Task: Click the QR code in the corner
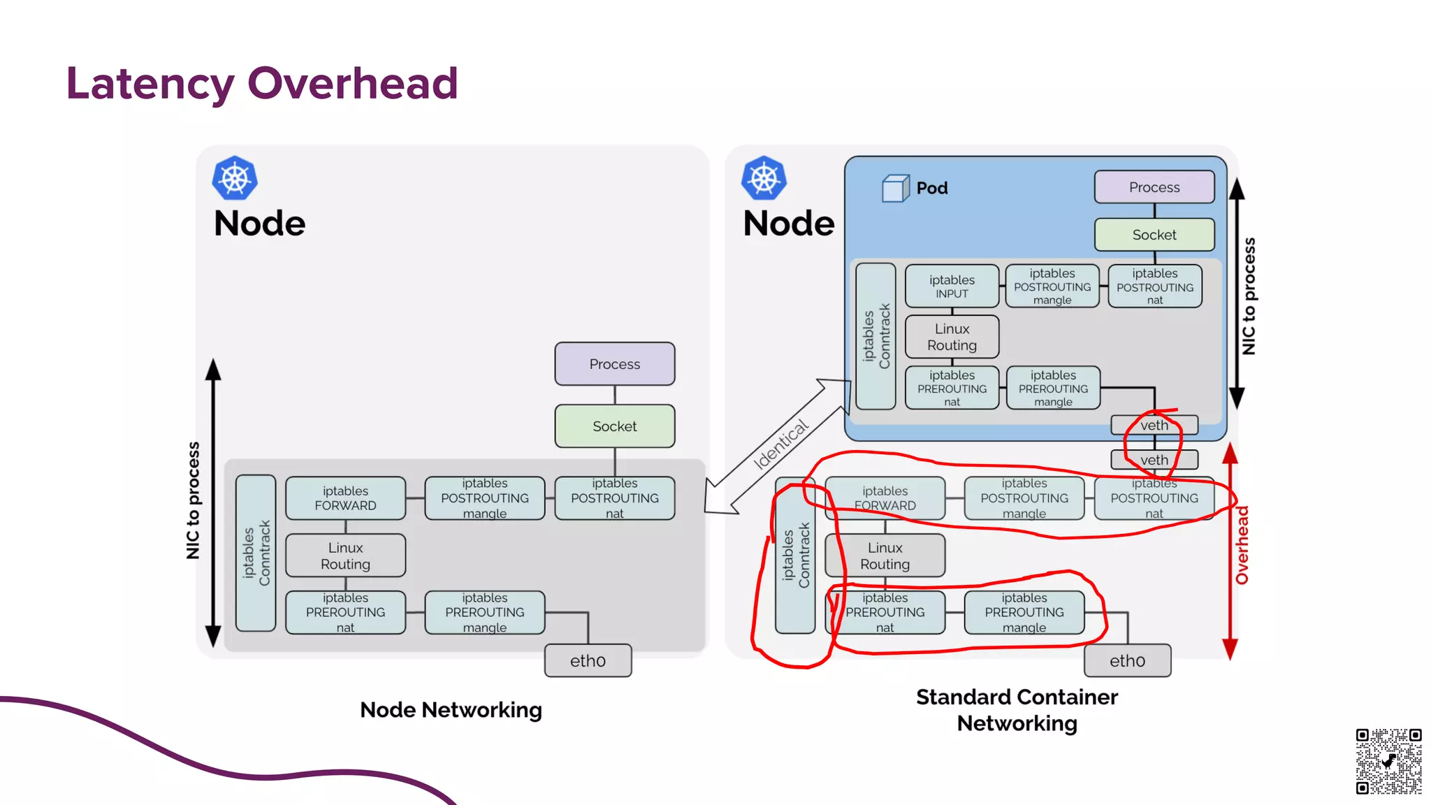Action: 1388,761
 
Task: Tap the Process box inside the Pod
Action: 1154,187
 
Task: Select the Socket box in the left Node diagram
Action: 614,426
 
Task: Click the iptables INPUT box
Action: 952,287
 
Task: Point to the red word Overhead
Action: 1242,545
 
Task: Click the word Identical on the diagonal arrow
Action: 780,444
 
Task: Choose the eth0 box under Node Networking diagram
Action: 588,660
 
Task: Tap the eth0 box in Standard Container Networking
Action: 1127,660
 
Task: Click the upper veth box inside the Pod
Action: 1154,425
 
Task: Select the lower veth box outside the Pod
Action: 1154,460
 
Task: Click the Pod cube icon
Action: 895,188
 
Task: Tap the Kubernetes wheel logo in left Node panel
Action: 235,178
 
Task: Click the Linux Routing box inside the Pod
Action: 952,337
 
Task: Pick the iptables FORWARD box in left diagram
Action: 345,498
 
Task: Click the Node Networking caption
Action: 451,710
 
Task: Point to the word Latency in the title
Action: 150,84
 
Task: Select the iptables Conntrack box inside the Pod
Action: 876,336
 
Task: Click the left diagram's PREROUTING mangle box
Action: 484,613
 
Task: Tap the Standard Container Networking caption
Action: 1017,710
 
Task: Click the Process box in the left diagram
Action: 614,364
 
